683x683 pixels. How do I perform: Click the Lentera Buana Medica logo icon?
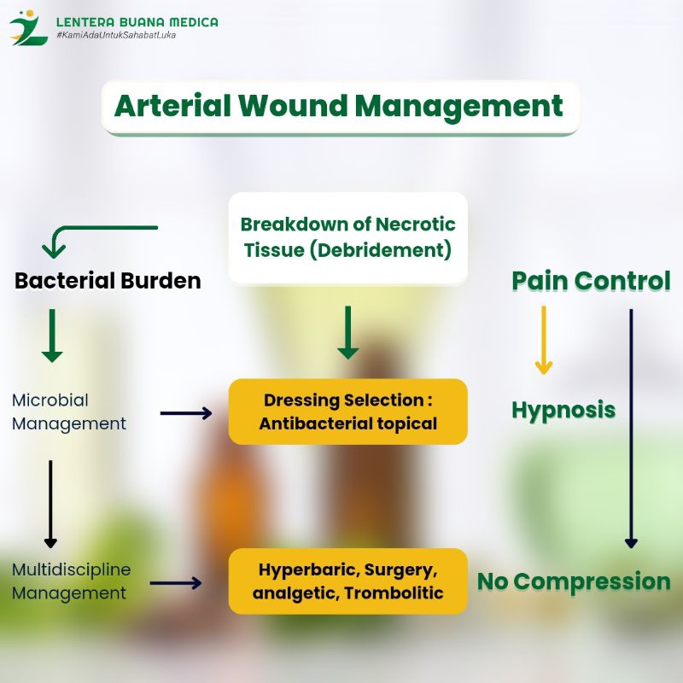[x=28, y=28]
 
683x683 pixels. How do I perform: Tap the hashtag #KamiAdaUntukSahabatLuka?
[x=116, y=35]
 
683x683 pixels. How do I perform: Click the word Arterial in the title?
[x=172, y=106]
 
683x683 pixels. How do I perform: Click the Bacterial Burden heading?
[x=108, y=281]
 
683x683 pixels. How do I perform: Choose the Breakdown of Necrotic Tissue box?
[x=348, y=238]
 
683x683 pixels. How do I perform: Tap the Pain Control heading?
[x=591, y=281]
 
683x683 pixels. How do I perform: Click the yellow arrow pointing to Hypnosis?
[x=544, y=340]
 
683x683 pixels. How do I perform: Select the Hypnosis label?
[x=563, y=411]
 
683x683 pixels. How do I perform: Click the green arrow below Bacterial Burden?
[x=52, y=336]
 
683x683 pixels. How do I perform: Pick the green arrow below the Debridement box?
[x=348, y=332]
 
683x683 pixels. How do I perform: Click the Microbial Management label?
[x=69, y=412]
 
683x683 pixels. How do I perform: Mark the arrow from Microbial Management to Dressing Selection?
[x=186, y=413]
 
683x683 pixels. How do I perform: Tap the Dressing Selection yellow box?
[x=348, y=412]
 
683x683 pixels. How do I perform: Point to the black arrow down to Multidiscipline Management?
[x=50, y=504]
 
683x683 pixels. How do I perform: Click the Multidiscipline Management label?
[x=71, y=581]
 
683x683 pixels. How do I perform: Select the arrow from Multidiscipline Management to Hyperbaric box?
[x=176, y=583]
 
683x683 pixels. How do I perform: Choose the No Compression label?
[x=574, y=581]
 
